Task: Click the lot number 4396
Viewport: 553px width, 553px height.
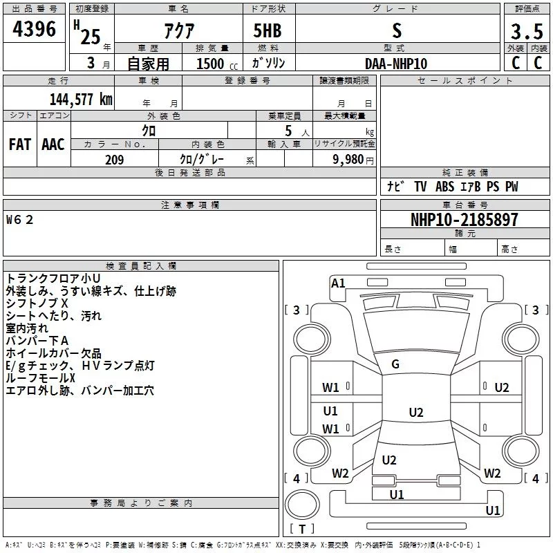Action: tap(34, 29)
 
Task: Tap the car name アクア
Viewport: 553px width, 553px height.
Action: tap(178, 31)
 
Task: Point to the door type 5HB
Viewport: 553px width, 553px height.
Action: tap(268, 31)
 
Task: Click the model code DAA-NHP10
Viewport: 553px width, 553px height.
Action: tap(396, 63)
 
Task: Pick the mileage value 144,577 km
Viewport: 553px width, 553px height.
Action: tap(80, 98)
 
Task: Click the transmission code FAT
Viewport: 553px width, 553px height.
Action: tap(19, 144)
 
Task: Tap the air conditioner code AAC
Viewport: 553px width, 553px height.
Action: tap(53, 144)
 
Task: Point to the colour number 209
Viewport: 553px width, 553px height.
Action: tap(114, 160)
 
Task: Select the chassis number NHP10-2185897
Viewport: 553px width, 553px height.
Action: tap(464, 220)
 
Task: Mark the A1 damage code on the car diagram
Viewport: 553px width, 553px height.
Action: tap(338, 283)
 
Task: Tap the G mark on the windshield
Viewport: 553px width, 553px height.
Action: tap(395, 364)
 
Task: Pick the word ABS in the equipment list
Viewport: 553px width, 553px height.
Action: tap(444, 187)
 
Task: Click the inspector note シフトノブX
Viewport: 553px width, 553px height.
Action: tap(37, 303)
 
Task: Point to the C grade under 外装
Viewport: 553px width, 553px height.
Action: tap(515, 63)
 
